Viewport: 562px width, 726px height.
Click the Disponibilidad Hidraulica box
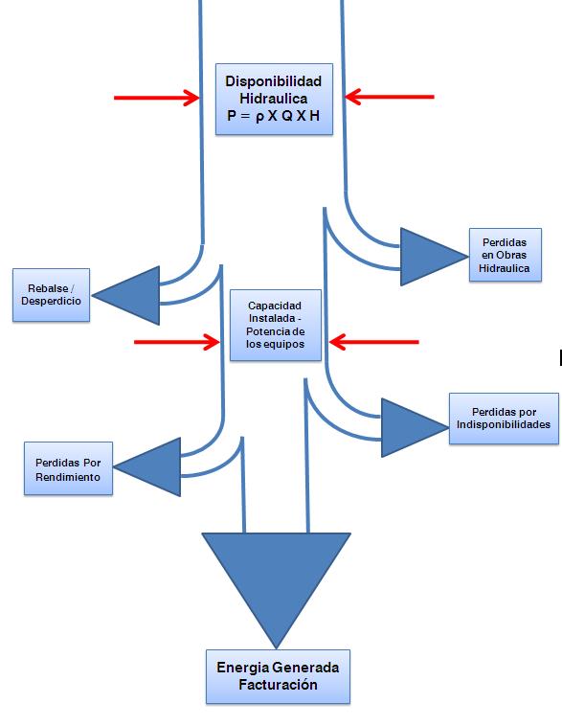point(274,99)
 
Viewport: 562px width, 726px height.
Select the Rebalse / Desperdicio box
point(51,295)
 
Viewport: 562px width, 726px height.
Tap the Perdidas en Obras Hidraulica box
point(506,255)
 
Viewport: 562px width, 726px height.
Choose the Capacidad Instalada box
point(276,325)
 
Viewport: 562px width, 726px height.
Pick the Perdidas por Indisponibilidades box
point(504,419)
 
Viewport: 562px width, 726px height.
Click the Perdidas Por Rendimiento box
point(68,468)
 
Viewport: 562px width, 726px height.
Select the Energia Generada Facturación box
point(278,676)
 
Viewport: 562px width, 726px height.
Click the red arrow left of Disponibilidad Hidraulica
point(157,98)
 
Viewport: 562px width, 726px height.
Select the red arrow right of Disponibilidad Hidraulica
point(390,98)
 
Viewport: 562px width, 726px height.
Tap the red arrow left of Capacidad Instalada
point(176,342)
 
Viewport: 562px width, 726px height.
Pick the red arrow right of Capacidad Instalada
point(374,342)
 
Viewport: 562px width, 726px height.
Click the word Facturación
point(278,685)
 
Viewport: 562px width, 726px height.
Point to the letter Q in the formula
point(287,116)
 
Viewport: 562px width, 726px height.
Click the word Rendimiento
point(68,477)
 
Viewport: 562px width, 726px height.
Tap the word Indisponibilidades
point(504,424)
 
